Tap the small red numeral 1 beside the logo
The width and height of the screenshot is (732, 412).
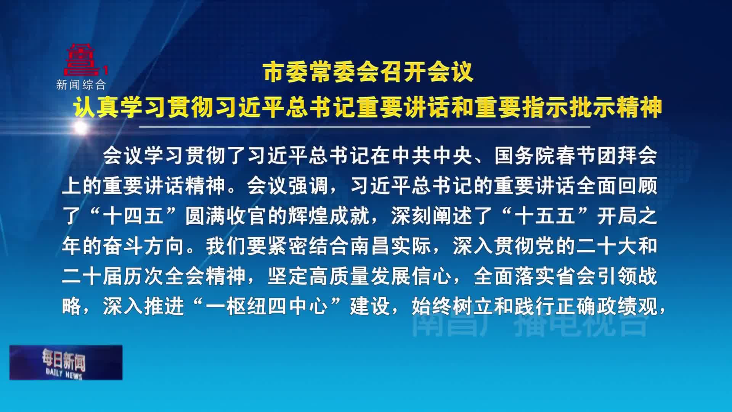(106, 70)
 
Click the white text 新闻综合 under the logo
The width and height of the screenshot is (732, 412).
(81, 85)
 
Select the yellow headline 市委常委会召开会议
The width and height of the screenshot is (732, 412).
(368, 72)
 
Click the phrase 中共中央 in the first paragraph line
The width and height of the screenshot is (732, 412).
(432, 156)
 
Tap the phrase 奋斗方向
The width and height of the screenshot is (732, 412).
(144, 246)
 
